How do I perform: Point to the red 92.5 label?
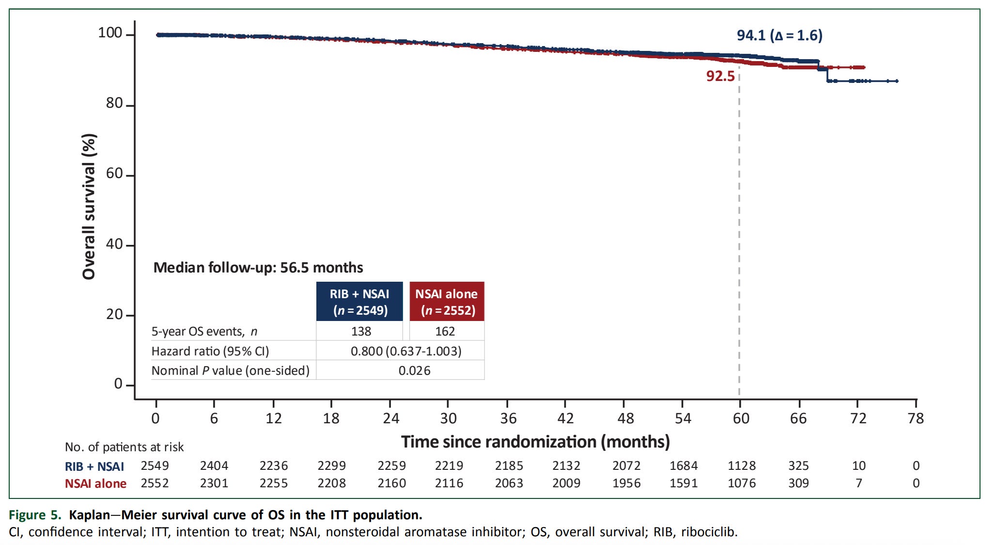(x=720, y=76)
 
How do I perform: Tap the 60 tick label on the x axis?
(x=741, y=418)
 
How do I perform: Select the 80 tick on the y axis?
(x=114, y=103)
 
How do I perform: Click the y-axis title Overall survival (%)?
(x=89, y=206)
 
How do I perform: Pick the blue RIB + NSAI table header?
(x=359, y=302)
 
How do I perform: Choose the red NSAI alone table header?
(x=447, y=302)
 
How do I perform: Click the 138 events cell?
(x=361, y=331)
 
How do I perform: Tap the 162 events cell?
(x=445, y=331)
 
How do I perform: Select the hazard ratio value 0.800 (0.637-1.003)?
(x=406, y=351)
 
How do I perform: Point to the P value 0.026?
(x=414, y=370)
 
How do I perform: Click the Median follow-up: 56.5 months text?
(x=258, y=268)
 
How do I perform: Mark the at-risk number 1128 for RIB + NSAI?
(x=742, y=465)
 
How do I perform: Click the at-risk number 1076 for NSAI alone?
(x=742, y=483)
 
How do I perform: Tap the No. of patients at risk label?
(x=124, y=447)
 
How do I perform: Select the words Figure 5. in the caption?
(x=35, y=515)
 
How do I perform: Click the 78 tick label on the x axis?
(x=916, y=418)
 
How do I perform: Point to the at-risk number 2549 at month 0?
(x=155, y=465)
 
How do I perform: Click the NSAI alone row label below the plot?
(x=95, y=483)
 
